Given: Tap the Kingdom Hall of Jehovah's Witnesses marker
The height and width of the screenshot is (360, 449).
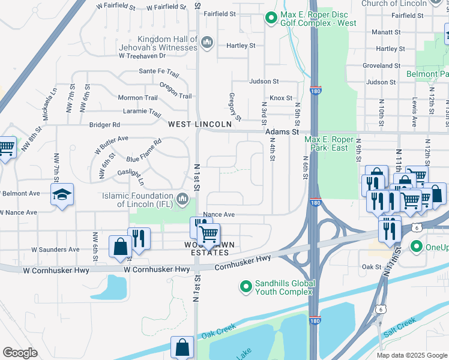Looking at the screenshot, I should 207,41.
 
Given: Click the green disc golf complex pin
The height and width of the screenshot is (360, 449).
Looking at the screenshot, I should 271,19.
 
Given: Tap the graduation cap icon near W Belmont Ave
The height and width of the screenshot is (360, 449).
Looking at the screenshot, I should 62,196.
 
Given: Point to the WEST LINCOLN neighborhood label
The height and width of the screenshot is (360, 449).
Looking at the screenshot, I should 199,124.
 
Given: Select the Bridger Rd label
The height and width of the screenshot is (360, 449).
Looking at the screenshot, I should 104,125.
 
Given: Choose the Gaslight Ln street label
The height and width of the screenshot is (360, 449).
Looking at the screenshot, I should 130,177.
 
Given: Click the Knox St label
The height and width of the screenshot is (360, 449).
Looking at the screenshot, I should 280,98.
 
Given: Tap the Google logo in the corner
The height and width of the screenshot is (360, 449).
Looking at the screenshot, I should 19,353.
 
